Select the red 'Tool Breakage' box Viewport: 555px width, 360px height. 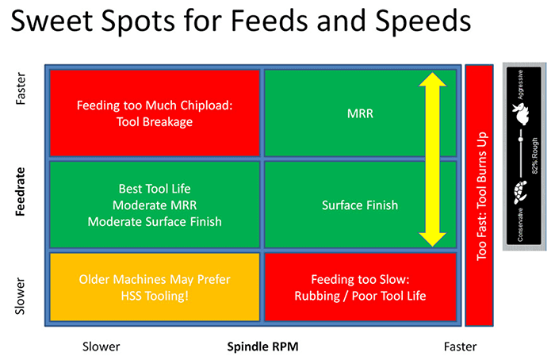(x=155, y=113)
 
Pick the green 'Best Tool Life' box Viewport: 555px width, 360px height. (x=155, y=205)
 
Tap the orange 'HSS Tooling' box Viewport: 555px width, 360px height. (x=155, y=289)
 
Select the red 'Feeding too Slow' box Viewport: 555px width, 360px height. (x=359, y=289)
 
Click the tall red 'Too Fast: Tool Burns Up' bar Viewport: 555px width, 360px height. (x=478, y=194)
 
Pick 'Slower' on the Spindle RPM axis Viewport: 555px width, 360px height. (x=101, y=347)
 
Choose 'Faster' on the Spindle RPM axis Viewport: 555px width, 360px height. (x=460, y=347)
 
